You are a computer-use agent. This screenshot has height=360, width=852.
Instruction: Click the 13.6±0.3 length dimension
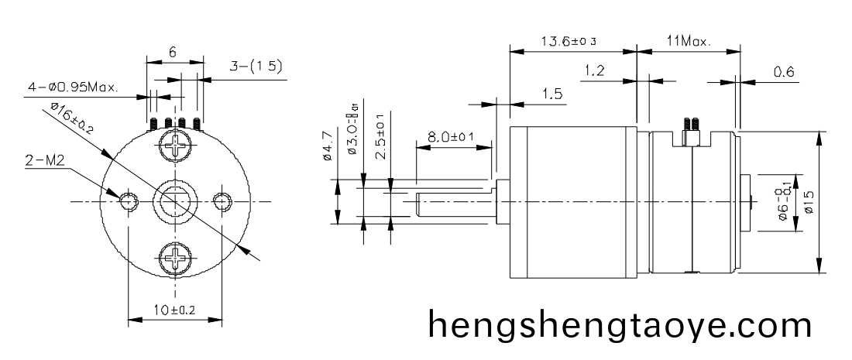pyautogui.click(x=572, y=41)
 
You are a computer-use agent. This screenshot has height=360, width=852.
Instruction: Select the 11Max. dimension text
pyautogui.click(x=688, y=41)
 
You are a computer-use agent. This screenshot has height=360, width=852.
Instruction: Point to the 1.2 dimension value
pyautogui.click(x=595, y=71)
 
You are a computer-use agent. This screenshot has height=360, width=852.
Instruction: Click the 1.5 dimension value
pyautogui.click(x=552, y=94)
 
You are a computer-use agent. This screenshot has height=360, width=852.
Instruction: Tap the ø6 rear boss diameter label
pyautogui.click(x=784, y=203)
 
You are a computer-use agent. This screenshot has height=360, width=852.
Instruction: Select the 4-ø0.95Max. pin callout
pyautogui.click(x=74, y=87)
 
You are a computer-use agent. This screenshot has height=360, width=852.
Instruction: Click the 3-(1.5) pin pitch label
pyautogui.click(x=256, y=67)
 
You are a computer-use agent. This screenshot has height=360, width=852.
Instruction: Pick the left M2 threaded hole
pyautogui.click(x=126, y=201)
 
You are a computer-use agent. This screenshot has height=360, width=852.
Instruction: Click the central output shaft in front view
pyautogui.click(x=174, y=201)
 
